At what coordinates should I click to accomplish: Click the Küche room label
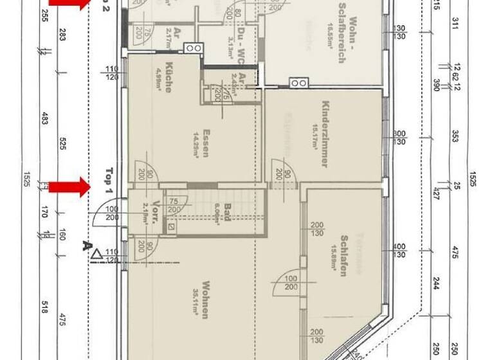[x=168, y=77]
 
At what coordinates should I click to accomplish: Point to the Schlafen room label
[x=344, y=254]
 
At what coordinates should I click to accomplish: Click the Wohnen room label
[x=205, y=300]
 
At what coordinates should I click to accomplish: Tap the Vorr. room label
[x=156, y=212]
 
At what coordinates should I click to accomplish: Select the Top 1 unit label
[x=108, y=182]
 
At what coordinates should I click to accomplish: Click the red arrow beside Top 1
[x=70, y=187]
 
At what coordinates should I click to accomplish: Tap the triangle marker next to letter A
[x=96, y=255]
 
